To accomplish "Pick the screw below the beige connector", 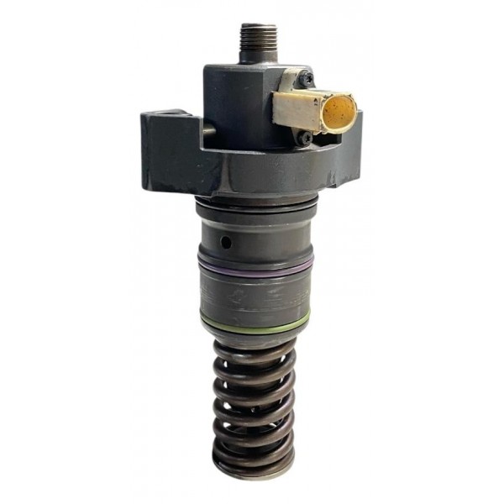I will point(307,136).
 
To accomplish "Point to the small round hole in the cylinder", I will point(226,241).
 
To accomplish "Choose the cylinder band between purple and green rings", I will point(254,294).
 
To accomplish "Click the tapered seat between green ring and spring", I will point(255,335).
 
